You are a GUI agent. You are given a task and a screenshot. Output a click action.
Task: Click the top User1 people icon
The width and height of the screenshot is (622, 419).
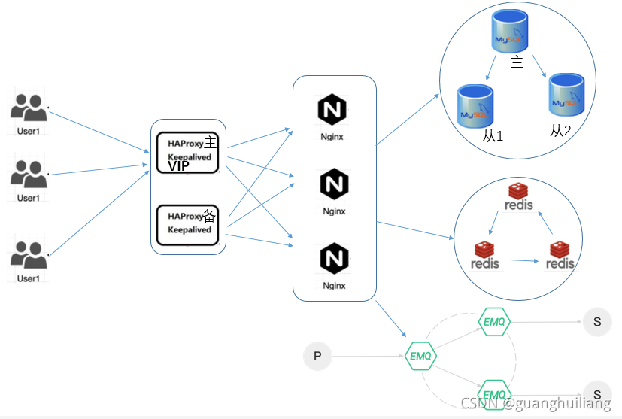pyautogui.click(x=29, y=108)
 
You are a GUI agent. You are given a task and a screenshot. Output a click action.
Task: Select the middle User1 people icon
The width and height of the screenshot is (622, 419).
pyautogui.click(x=29, y=175)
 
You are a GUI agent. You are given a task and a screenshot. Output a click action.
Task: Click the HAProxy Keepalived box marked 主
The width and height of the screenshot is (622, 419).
pyautogui.click(x=187, y=151)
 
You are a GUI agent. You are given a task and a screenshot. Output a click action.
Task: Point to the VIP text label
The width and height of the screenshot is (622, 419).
pyautogui.click(x=179, y=167)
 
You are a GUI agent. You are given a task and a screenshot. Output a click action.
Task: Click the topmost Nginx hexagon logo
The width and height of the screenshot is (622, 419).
pyautogui.click(x=332, y=111)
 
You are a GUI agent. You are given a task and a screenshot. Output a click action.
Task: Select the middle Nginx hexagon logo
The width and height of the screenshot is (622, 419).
pyautogui.click(x=334, y=184)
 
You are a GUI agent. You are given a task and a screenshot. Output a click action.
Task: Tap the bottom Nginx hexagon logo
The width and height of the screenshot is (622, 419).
pyautogui.click(x=334, y=259)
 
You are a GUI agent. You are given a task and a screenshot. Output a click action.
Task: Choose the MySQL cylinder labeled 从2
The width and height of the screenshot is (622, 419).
pyautogui.click(x=566, y=94)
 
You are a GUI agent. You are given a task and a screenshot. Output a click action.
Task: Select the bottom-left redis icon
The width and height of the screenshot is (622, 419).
pyautogui.click(x=485, y=255)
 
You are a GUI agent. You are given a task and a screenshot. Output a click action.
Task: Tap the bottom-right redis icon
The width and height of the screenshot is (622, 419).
pyautogui.click(x=560, y=255)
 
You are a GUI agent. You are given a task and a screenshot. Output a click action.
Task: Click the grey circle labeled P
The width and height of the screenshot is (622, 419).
pyautogui.click(x=317, y=356)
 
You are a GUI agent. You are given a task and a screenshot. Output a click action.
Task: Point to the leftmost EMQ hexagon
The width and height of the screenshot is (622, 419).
pyautogui.click(x=420, y=356)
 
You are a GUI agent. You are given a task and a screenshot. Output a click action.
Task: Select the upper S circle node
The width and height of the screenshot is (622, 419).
pyautogui.click(x=596, y=322)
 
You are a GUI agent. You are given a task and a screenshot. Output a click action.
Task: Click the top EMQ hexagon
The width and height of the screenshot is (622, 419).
pyautogui.click(x=494, y=322)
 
